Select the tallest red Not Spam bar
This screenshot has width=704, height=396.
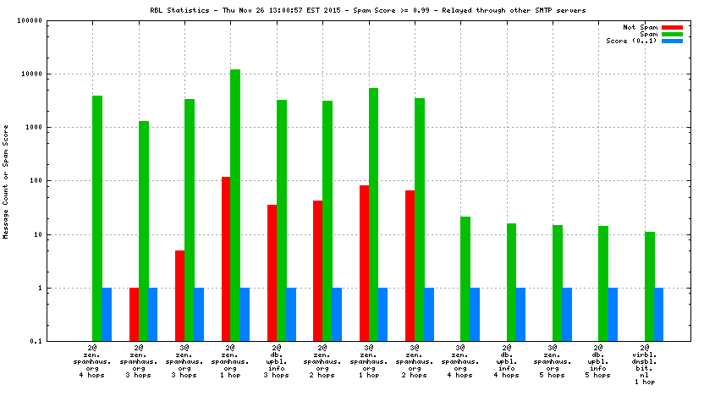(226, 258)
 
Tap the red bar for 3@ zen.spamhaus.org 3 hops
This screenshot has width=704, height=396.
(179, 295)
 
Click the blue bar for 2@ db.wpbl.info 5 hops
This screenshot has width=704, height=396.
(613, 314)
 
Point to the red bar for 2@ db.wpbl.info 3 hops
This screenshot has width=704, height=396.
(272, 272)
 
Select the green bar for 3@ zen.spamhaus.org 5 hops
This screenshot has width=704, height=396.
(558, 283)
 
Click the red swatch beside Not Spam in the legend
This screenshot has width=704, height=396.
(672, 27)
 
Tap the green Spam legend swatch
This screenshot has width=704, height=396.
(672, 34)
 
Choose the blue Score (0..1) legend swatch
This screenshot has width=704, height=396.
(672, 41)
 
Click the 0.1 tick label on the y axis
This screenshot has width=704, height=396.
(58, 341)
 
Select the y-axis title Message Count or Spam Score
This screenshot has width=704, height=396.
(6, 180)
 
